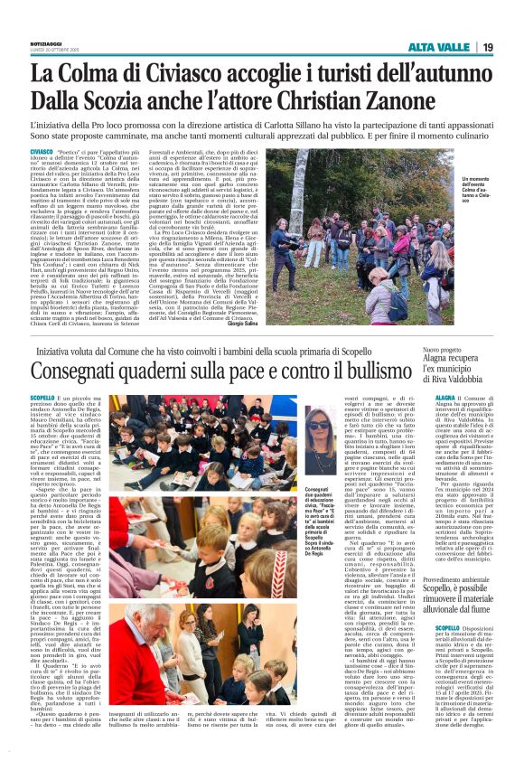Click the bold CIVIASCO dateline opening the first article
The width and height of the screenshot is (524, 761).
click(41, 151)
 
